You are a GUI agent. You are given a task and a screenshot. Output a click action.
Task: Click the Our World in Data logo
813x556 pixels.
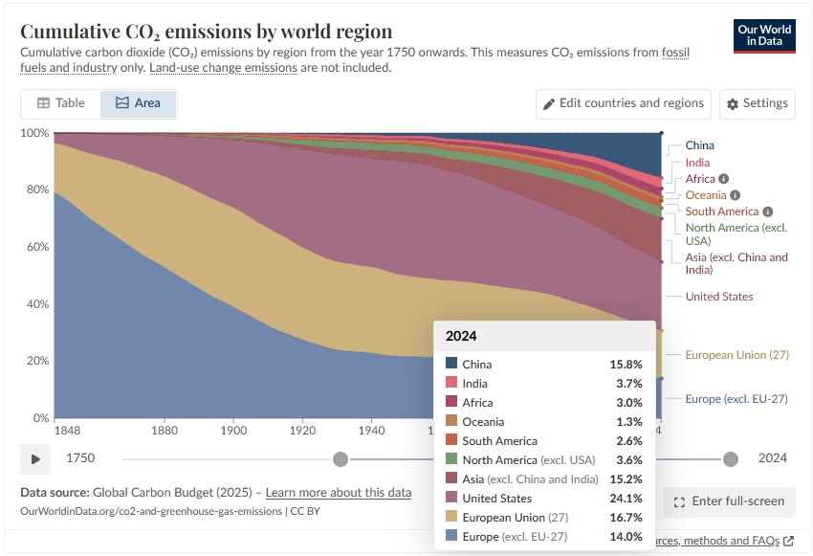coord(764,35)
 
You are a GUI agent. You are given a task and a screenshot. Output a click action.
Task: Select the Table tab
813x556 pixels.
coord(61,103)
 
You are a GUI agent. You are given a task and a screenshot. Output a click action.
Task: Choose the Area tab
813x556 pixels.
coord(138,103)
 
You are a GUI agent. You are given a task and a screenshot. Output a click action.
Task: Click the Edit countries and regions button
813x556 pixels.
coord(624,103)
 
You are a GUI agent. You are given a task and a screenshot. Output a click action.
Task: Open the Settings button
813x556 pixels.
coord(757,103)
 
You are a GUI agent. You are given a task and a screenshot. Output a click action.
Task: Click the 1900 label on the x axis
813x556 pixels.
coord(233,431)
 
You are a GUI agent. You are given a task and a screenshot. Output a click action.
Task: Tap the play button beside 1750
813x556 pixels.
coord(35,459)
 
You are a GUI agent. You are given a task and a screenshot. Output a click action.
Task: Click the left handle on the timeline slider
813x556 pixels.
coord(341,459)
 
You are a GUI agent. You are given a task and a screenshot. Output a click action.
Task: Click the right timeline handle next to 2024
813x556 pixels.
coord(731,459)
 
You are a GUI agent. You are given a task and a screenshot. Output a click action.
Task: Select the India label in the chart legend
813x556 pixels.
coord(697,163)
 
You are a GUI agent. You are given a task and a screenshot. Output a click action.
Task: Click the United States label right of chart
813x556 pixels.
coord(719,297)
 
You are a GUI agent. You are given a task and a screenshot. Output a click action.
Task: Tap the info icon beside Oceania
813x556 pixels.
coord(735,195)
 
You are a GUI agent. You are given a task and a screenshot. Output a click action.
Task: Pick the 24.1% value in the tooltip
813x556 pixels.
coord(626,499)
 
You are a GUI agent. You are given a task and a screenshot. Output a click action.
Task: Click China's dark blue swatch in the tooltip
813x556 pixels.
coord(451,363)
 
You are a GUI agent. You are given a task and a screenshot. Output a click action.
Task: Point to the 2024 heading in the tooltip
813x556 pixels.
coord(461,336)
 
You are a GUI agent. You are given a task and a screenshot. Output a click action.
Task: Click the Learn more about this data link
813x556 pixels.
coord(339,492)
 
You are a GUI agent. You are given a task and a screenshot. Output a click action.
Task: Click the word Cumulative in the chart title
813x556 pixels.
coord(70,32)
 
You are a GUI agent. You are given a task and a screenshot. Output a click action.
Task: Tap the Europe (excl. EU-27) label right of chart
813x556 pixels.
coord(736,399)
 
